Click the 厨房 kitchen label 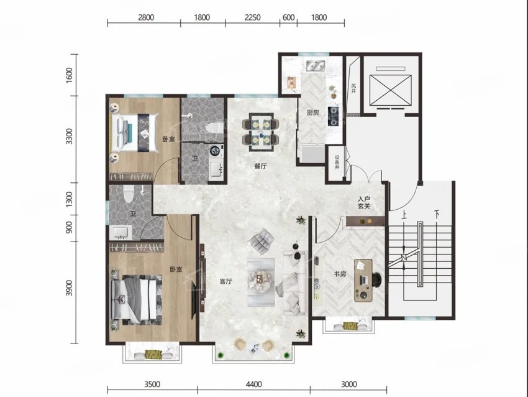pos(313,113)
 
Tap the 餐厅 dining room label pos(260,166)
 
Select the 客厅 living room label pos(225,281)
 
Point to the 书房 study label pos(340,274)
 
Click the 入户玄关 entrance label pos(364,202)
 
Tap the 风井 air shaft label pos(353,89)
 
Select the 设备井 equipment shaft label pos(337,162)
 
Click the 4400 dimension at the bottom pos(253,384)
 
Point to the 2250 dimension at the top pos(252,17)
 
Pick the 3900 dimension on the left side pos(69,287)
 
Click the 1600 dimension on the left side pos(69,75)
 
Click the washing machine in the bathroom pos(216,151)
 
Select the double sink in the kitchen pos(315,66)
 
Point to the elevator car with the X pos(391,90)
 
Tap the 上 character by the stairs pos(404,215)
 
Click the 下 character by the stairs pos(437,214)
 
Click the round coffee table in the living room pos(260,279)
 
